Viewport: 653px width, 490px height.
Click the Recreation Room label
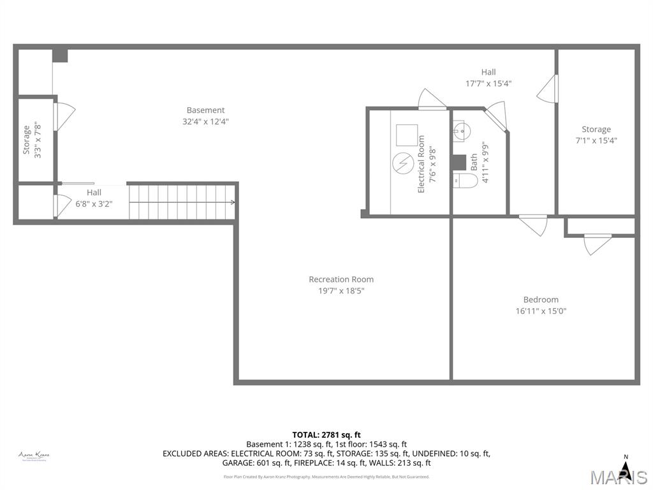(x=341, y=279)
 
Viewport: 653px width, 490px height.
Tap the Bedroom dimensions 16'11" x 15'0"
(x=541, y=311)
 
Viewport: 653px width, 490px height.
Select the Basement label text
(x=205, y=110)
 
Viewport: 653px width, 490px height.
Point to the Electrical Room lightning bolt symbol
(x=403, y=163)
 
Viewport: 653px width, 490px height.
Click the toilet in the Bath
(x=466, y=182)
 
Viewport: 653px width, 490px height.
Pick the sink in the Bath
(x=462, y=131)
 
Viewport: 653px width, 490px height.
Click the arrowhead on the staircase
(x=233, y=202)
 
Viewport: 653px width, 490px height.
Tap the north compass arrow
(x=626, y=470)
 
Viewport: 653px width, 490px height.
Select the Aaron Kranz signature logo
(x=34, y=456)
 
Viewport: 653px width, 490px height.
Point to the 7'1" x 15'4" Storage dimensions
(x=596, y=140)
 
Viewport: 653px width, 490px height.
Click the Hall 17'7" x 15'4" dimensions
(x=488, y=83)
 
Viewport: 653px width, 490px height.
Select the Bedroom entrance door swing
(x=533, y=225)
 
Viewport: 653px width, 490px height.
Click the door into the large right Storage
(x=548, y=89)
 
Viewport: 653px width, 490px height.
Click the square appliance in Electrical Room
(x=406, y=135)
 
